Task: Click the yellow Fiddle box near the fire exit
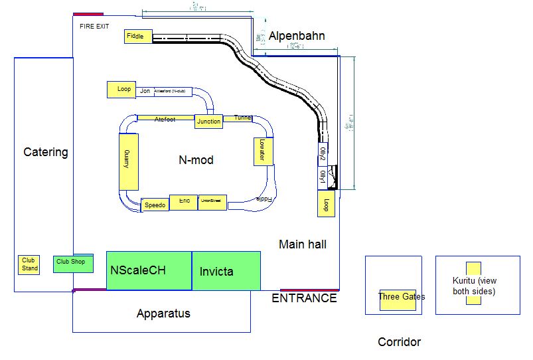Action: coord(139,37)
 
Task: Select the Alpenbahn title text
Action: coord(297,36)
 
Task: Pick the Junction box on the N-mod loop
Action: coord(208,121)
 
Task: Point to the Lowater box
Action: coord(263,151)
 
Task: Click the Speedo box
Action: coord(155,205)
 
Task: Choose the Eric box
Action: coord(184,202)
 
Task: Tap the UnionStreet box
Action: coord(212,202)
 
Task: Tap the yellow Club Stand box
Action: coord(29,264)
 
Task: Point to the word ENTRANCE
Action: coord(305,298)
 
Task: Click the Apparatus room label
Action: coord(163,314)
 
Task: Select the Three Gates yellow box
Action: coord(398,300)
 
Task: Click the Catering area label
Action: coord(46,152)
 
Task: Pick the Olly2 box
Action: coord(323,155)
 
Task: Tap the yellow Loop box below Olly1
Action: coord(326,205)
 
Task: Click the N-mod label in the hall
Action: coord(196,159)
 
